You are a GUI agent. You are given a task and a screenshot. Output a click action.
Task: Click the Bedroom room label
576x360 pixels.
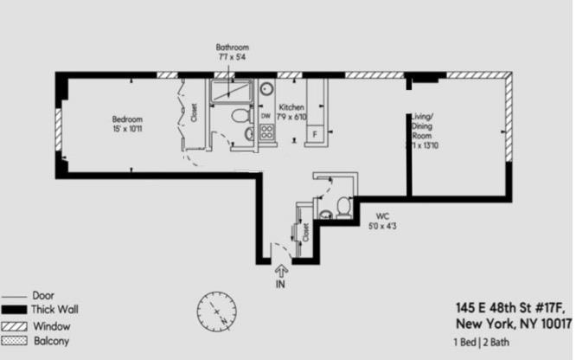(127, 124)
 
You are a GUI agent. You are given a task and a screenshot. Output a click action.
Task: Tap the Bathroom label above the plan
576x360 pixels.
(232, 52)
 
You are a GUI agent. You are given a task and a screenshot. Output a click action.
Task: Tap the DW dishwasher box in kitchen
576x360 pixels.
(266, 116)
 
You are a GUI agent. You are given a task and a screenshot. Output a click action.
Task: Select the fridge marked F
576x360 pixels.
(314, 134)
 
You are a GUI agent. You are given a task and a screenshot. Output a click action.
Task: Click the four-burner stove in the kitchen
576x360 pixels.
(266, 133)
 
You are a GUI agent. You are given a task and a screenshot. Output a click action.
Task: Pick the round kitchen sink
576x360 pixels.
(266, 89)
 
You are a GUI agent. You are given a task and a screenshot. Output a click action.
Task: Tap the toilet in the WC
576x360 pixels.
(343, 207)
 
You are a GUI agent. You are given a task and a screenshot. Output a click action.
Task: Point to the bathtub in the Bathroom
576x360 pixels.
(230, 90)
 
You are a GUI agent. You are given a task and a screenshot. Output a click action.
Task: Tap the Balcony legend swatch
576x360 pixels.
(13, 343)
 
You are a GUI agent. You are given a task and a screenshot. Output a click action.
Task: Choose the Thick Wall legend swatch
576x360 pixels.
(13, 310)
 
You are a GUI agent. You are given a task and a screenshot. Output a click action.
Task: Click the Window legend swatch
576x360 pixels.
(13, 326)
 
